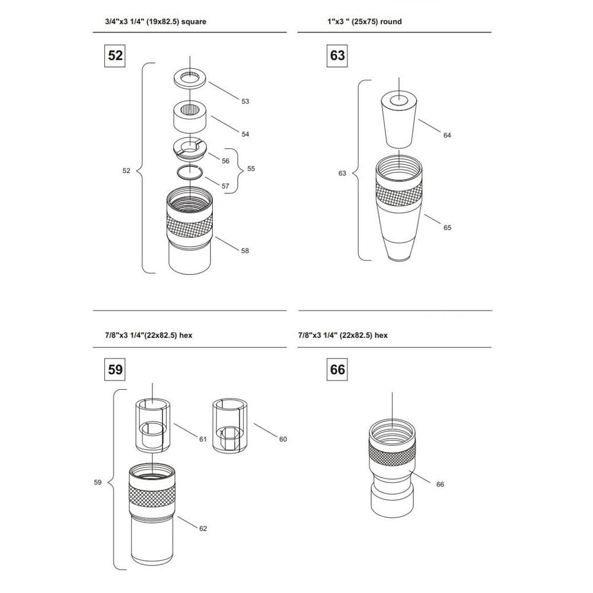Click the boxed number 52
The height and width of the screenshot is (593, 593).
click(x=114, y=56)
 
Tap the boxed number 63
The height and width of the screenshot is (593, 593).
click(x=337, y=56)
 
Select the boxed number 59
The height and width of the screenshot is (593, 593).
click(x=114, y=369)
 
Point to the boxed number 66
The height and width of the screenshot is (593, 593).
click(x=337, y=369)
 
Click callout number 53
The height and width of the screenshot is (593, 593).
click(x=245, y=101)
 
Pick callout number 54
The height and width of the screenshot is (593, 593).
click(x=245, y=134)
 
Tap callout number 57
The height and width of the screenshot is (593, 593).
click(x=225, y=186)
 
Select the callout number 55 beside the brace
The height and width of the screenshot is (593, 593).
click(x=251, y=168)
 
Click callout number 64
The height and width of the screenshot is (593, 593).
click(x=447, y=135)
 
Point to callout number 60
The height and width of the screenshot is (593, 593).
click(x=283, y=439)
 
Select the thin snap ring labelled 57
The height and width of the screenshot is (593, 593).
click(x=190, y=173)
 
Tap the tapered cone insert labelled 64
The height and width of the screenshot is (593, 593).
click(x=398, y=120)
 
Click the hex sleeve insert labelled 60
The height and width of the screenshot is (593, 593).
click(x=230, y=425)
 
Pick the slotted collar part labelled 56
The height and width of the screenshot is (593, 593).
click(x=190, y=148)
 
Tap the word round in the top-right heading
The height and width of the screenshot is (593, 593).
click(x=391, y=21)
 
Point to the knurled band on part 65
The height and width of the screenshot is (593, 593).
click(x=399, y=194)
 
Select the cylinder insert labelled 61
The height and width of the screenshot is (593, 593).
click(x=153, y=425)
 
